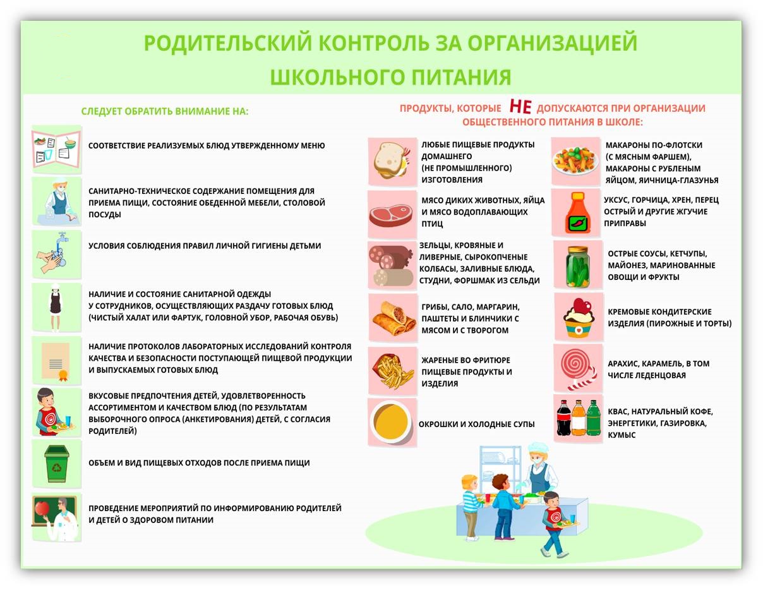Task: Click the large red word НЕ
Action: (520, 106)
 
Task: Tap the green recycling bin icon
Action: (57, 464)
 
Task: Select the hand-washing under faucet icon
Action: (55, 253)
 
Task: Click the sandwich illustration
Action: (392, 161)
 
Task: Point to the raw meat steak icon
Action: (391, 215)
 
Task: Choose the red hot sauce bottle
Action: (577, 213)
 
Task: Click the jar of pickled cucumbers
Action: (577, 267)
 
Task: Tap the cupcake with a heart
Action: (579, 318)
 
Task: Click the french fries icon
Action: (393, 371)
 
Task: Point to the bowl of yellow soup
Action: (391, 422)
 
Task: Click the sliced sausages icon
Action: (391, 266)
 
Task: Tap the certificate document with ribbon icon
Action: (56, 362)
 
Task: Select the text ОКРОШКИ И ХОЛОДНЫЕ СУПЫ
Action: (476, 424)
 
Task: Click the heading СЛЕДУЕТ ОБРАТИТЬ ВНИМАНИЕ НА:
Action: (165, 111)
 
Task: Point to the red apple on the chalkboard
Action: (42, 508)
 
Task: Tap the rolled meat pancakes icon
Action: (394, 318)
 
